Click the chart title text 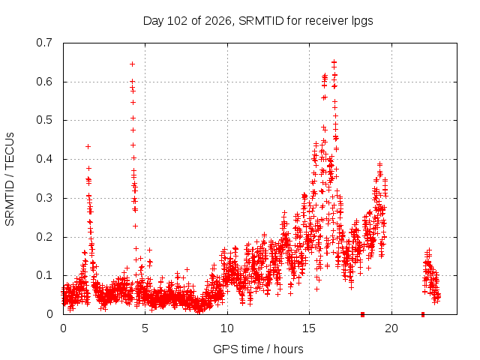click(258, 21)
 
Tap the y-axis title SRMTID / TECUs click(10, 179)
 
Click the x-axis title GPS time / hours click(258, 349)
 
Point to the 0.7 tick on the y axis click(44, 43)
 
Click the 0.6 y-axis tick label click(44, 82)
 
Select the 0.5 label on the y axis click(44, 120)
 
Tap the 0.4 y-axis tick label click(44, 159)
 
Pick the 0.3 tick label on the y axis click(44, 198)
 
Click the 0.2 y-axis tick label click(44, 237)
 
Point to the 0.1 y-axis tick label click(44, 275)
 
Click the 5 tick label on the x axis click(145, 328)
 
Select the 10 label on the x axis click(227, 328)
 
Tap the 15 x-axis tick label click(309, 328)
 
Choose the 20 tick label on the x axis click(391, 328)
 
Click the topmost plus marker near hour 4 click(132, 64)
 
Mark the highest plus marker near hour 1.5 click(88, 147)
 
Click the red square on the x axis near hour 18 click(362, 314)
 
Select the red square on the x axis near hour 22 click(423, 314)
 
